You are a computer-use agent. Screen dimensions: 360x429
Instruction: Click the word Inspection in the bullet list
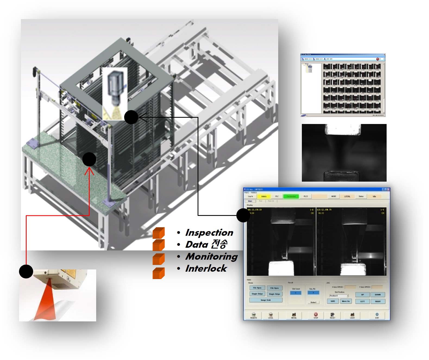209,233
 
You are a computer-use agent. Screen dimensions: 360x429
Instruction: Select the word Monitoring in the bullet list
211,256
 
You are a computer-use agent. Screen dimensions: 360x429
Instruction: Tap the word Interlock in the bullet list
206,269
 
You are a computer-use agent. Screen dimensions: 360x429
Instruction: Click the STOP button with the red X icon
316,315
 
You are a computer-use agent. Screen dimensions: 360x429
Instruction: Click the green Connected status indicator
291,196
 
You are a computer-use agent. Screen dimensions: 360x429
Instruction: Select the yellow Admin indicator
264,196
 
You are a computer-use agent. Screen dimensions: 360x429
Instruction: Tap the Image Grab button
266,300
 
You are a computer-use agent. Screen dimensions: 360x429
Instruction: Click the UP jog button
362,295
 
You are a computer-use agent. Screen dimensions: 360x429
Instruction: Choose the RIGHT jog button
378,301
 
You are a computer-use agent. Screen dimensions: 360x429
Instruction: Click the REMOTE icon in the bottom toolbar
253,315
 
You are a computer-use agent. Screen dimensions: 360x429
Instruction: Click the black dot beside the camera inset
131,117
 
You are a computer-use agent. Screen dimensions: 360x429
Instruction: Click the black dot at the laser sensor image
26,271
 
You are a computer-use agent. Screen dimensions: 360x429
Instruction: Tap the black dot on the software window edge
243,215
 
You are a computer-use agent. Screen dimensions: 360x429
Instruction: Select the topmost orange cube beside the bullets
159,233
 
